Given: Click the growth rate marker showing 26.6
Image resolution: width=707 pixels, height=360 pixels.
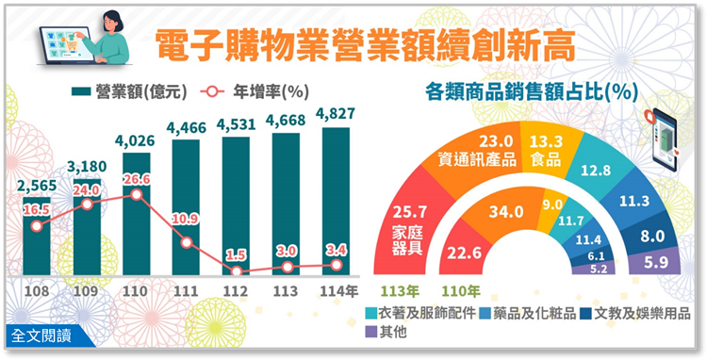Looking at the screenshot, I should point(138,195).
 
